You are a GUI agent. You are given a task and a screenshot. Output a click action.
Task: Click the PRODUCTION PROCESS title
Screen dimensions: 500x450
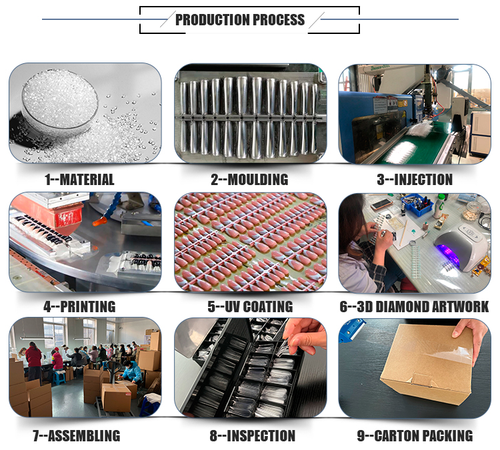pyautogui.click(x=240, y=20)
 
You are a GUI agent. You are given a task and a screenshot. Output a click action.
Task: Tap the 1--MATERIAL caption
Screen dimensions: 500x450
pyautogui.click(x=79, y=180)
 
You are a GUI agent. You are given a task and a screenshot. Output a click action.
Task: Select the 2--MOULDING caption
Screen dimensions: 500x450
pyautogui.click(x=249, y=180)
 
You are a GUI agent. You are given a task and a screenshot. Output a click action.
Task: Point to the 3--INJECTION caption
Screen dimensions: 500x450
pyautogui.click(x=415, y=180)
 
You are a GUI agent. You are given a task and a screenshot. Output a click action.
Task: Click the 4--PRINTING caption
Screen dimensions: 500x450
pyautogui.click(x=79, y=307)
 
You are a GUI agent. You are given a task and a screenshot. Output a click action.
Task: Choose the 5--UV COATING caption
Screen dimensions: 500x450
pyautogui.click(x=250, y=307)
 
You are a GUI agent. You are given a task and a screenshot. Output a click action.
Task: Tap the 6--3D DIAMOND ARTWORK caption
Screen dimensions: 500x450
pyautogui.click(x=414, y=307)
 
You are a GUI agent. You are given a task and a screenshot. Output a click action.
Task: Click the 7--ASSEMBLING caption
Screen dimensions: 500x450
pyautogui.click(x=77, y=435)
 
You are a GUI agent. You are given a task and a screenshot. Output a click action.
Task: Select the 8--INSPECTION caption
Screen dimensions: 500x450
pyautogui.click(x=252, y=435)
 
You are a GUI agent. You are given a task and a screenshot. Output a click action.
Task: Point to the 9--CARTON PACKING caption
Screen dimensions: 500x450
pyautogui.click(x=415, y=435)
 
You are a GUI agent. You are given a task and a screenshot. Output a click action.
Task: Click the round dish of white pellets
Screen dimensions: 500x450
pyautogui.click(x=59, y=102)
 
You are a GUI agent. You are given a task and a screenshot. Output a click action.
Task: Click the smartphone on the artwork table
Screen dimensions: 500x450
pyautogui.click(x=381, y=204)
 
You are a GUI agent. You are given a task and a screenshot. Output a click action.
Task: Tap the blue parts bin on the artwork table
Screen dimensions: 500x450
pyautogui.click(x=417, y=204)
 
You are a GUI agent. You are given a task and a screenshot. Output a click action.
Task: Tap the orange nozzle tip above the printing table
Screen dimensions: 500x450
pyautogui.click(x=99, y=221)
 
